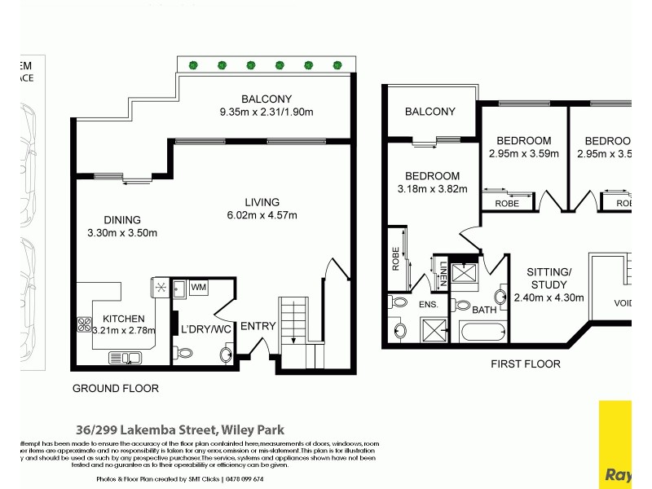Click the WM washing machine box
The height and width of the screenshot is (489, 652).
(198, 288)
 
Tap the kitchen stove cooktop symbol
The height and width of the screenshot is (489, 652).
(84, 324)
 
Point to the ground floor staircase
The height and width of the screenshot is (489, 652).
(293, 319)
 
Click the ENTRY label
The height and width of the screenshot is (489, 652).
(258, 326)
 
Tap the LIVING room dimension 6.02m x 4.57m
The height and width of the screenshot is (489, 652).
(262, 215)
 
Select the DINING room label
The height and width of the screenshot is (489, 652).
(122, 219)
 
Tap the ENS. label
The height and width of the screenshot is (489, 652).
(430, 305)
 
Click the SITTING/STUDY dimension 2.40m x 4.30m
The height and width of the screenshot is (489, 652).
(548, 297)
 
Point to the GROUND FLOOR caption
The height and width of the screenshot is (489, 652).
(115, 388)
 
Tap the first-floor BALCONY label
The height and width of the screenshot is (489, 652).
(430, 112)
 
